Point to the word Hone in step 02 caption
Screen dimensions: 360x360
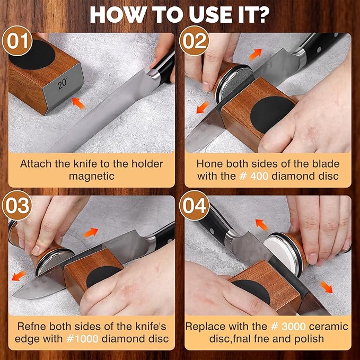click(208, 163)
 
